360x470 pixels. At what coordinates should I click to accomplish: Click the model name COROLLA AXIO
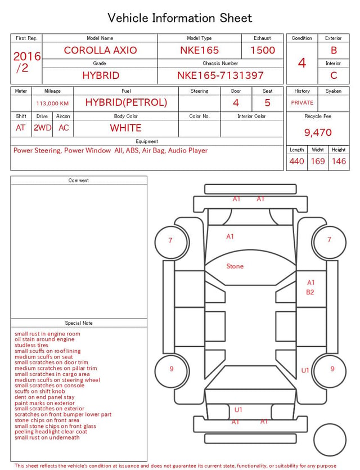click(100, 50)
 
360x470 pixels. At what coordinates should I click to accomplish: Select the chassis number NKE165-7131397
click(220, 75)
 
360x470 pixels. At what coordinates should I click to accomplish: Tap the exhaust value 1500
click(263, 50)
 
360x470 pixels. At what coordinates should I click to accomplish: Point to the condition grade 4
click(302, 63)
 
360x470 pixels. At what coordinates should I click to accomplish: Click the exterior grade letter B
click(334, 50)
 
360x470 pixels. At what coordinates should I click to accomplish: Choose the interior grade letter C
click(334, 75)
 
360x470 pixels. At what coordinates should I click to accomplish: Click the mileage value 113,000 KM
click(52, 104)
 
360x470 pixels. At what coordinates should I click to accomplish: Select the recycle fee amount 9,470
click(318, 132)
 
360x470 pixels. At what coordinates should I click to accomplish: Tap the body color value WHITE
click(125, 128)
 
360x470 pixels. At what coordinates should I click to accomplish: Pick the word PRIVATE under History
click(302, 102)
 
